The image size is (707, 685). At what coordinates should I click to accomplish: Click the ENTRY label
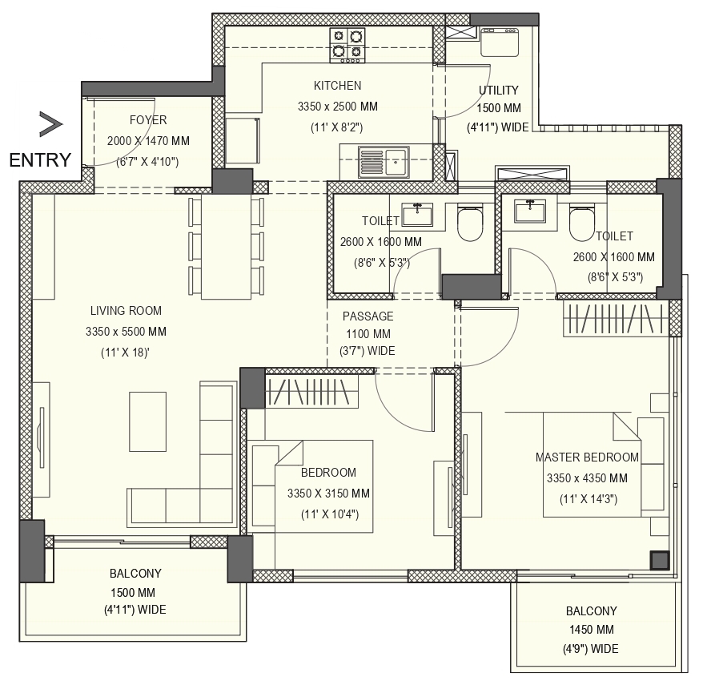coord(40,160)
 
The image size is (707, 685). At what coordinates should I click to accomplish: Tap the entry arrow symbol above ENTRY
coord(50,124)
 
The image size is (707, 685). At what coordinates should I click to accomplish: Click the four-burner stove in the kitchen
coord(347,45)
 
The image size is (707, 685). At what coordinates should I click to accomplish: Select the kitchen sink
coord(384,162)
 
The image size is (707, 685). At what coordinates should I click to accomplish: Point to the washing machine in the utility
coord(500,42)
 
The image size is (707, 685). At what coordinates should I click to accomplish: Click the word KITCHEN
coord(337,86)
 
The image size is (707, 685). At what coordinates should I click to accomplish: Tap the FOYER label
coord(148,120)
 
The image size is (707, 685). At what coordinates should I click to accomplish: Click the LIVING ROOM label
coord(126,311)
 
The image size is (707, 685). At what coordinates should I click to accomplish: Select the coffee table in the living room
coord(148,421)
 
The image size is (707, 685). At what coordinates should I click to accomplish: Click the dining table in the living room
coord(226,247)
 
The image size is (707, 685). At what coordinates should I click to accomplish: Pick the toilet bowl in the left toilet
coord(470,223)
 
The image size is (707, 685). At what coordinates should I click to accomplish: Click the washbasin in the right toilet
coord(530,212)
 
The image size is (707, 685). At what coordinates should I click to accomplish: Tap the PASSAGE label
coord(368,316)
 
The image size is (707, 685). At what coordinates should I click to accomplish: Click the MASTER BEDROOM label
coord(587,457)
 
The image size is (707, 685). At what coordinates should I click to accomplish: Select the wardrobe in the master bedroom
coord(616,318)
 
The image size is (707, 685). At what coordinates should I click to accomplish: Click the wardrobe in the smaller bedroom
coord(312,391)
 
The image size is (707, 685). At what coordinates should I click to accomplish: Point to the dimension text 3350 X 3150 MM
coord(328,494)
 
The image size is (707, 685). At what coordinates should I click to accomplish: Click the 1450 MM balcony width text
coord(591,630)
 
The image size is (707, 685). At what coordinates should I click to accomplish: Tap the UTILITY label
coord(498,91)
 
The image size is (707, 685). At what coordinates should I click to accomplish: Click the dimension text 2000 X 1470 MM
coord(148,141)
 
